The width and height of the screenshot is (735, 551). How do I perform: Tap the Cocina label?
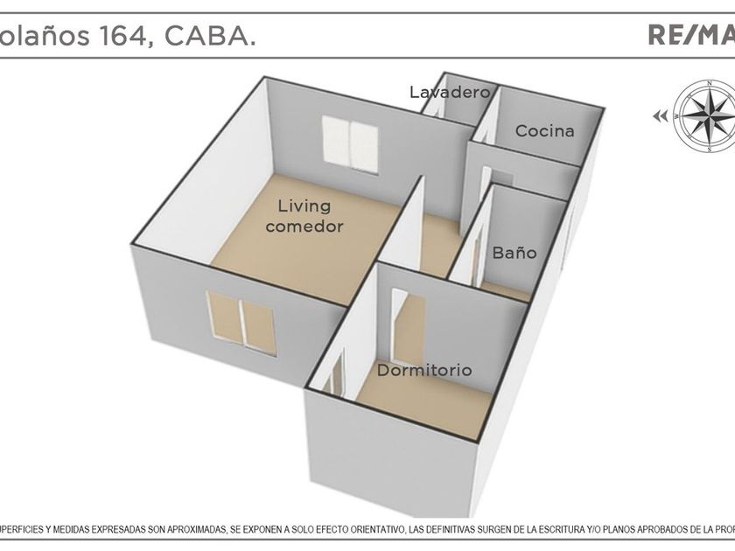pyautogui.click(x=544, y=131)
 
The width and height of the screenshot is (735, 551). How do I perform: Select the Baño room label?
pyautogui.click(x=514, y=253)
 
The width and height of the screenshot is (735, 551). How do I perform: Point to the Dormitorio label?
pyautogui.click(x=424, y=370)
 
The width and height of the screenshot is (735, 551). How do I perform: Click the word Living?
pyautogui.click(x=304, y=206)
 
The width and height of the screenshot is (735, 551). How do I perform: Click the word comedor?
pyautogui.click(x=304, y=226)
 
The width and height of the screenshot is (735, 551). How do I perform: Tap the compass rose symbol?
pyautogui.click(x=706, y=115)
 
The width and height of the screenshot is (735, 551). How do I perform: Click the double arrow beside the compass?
pyautogui.click(x=660, y=115)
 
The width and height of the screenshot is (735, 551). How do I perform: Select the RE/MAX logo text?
pyautogui.click(x=690, y=35)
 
